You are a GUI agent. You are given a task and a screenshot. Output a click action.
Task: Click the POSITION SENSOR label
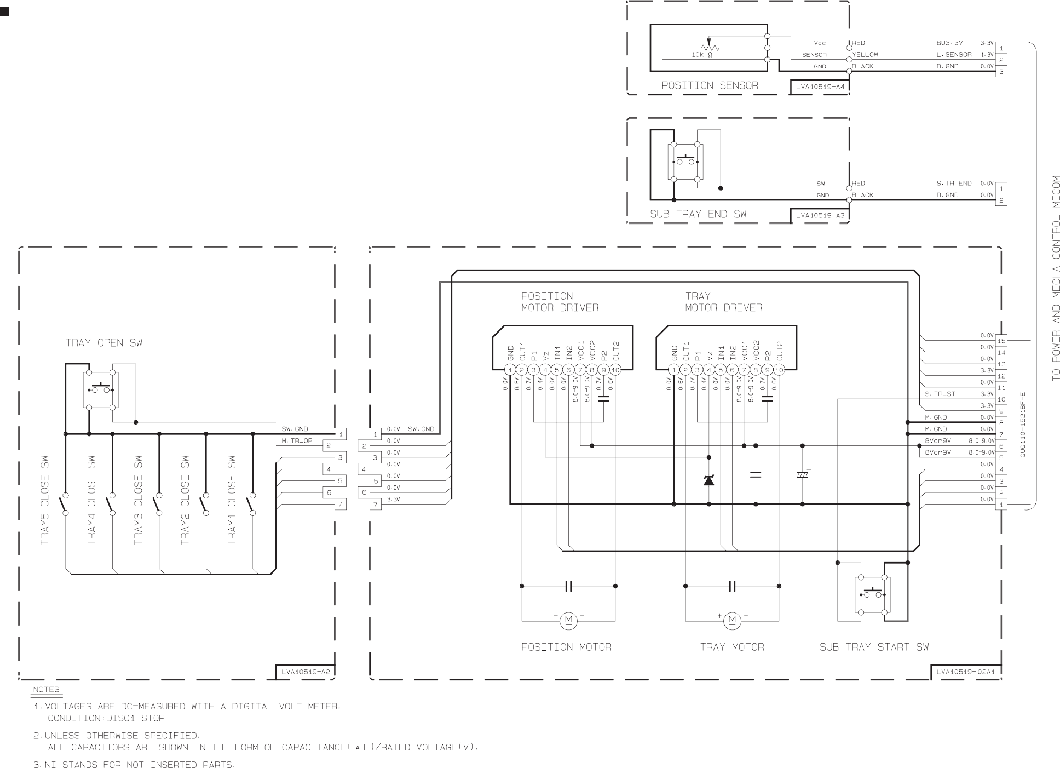coord(710,85)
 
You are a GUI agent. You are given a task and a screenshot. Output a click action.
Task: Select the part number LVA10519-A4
coord(820,87)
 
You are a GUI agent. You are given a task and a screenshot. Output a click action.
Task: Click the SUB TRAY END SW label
coord(698,214)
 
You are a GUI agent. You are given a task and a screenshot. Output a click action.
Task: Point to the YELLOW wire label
coord(865,55)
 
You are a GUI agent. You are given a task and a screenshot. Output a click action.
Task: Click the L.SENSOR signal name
coord(954,55)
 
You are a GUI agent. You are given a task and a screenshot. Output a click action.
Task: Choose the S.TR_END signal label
coord(954,184)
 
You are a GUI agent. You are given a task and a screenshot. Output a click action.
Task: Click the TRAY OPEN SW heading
coord(104,343)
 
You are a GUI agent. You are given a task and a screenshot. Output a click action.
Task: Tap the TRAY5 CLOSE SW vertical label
coord(45,500)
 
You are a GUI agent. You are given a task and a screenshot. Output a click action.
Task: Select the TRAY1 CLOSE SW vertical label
coord(232,500)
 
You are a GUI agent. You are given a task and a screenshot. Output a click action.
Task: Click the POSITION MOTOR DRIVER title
coord(560,302)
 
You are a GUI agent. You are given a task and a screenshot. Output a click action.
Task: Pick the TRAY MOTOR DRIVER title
coord(723,302)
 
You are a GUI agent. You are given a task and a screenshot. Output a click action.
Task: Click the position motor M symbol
coord(568,621)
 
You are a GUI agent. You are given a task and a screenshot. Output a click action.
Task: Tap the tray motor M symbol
coord(732,621)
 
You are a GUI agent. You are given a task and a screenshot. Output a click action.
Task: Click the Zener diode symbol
coord(709,480)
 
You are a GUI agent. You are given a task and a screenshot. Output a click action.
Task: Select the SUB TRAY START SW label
coord(874,647)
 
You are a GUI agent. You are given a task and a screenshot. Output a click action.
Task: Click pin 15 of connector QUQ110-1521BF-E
coord(1001,341)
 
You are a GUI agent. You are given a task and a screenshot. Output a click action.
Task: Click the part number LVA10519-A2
coord(306,672)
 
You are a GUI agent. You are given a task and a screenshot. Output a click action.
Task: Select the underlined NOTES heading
coord(46,690)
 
